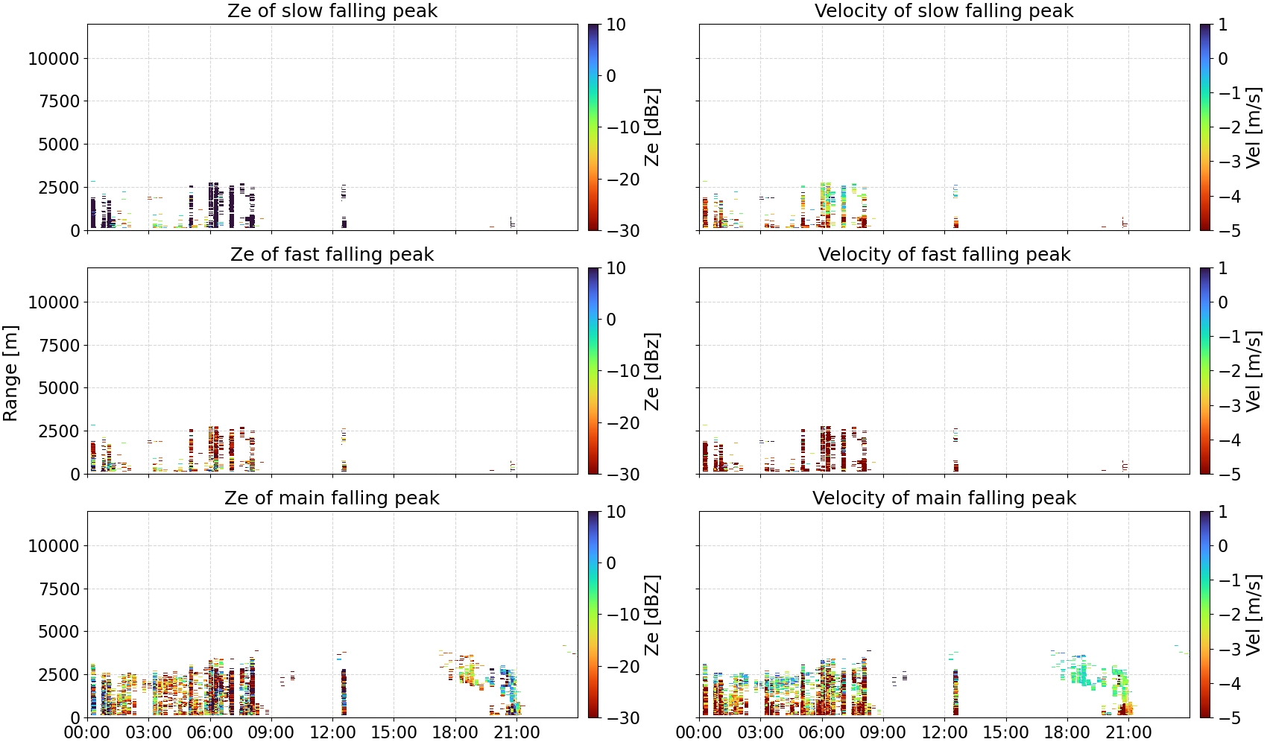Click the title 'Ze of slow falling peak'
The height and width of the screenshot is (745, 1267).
click(x=332, y=10)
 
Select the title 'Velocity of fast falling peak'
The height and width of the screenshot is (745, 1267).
click(x=944, y=254)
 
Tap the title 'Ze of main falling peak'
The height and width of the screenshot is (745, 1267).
click(x=332, y=498)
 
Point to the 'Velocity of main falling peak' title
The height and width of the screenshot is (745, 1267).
click(x=944, y=498)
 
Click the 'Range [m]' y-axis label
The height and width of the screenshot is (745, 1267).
click(x=10, y=373)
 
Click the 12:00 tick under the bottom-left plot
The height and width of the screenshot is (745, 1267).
click(x=332, y=733)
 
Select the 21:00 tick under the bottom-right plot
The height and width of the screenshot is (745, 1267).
click(x=1128, y=733)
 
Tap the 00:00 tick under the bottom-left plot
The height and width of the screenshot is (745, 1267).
click(x=88, y=733)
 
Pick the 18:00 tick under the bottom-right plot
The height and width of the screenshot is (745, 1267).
click(x=1067, y=733)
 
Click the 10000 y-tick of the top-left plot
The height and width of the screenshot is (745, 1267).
click(x=54, y=58)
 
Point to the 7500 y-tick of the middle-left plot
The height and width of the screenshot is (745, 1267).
click(x=59, y=345)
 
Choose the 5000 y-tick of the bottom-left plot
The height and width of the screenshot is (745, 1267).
click(x=59, y=631)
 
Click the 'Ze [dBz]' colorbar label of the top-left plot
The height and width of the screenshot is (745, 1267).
click(x=651, y=127)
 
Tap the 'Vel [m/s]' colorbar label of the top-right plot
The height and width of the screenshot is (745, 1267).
click(x=1254, y=127)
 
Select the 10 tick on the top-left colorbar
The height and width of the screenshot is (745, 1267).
click(x=616, y=25)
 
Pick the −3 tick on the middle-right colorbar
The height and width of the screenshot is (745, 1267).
click(x=1225, y=405)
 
